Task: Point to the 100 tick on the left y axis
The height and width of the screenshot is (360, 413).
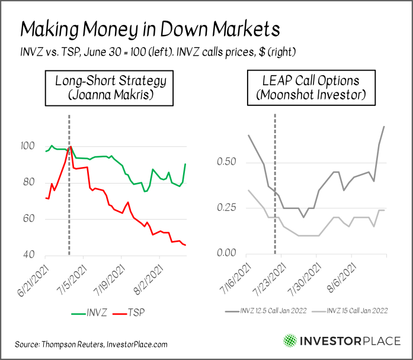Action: pyautogui.click(x=28, y=146)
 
